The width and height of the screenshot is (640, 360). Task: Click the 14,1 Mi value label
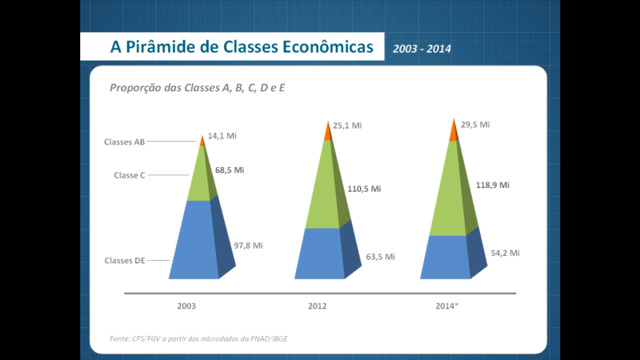[222, 136]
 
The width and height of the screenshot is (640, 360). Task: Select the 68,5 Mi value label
[230, 170]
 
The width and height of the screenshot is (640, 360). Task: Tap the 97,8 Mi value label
[248, 246]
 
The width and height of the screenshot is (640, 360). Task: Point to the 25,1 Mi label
[347, 126]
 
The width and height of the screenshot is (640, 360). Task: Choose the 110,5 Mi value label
[364, 189]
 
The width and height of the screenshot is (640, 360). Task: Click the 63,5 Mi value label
[381, 257]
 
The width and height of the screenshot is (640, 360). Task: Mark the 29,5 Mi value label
[475, 125]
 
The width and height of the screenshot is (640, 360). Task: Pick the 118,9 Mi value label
[493, 186]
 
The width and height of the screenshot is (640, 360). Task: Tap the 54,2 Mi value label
[506, 253]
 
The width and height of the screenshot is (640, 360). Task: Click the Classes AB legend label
[124, 142]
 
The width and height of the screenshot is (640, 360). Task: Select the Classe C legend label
[130, 175]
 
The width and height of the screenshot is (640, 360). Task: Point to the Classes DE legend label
[125, 261]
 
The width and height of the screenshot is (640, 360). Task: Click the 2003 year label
[186, 306]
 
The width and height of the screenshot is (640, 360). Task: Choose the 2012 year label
[317, 306]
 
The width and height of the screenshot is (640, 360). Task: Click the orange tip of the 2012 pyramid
[329, 131]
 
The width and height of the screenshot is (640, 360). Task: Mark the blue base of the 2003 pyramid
[194, 241]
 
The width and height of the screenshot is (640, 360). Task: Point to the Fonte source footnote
[198, 338]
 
